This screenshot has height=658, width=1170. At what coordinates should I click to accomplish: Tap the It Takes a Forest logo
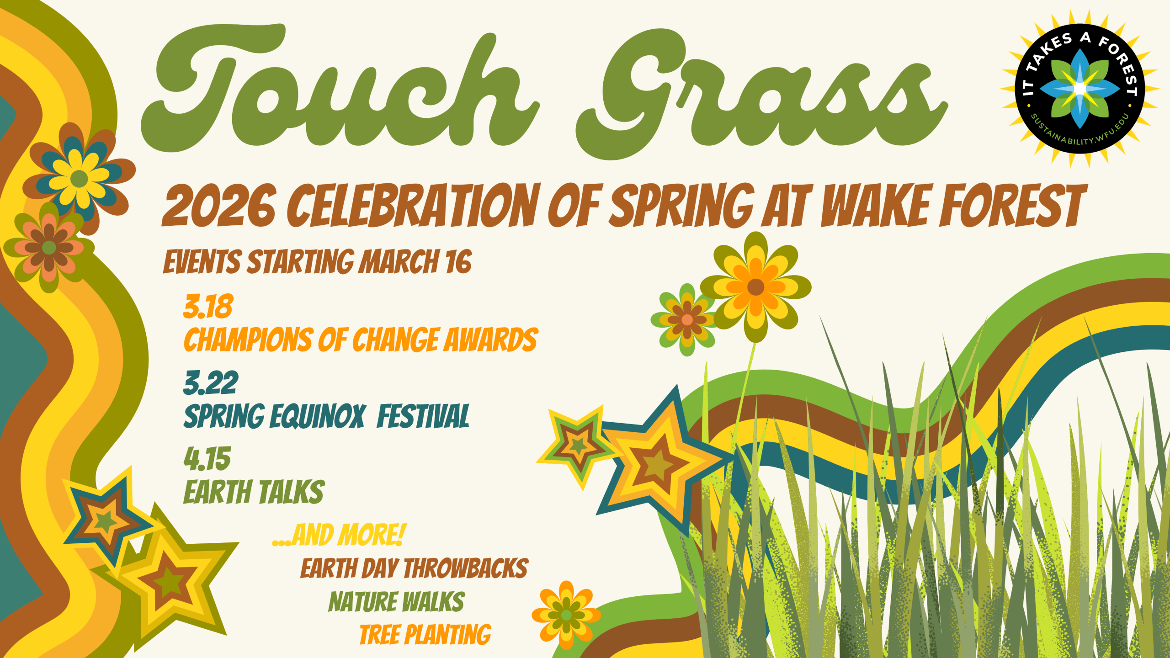point(1080,89)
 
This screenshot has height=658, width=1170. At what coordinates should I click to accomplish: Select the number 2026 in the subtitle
point(219,205)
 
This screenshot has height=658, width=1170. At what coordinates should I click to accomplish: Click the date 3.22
point(211,383)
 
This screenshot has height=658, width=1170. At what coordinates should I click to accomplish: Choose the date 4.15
point(207,459)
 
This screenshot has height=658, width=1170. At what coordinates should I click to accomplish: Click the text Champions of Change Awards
point(361,340)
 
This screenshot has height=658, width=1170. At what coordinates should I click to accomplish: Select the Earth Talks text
point(254,492)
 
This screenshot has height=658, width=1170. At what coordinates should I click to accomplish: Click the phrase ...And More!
point(339,535)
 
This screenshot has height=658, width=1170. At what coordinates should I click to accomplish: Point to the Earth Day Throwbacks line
point(414,568)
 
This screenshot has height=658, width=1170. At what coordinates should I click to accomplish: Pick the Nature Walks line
point(397,601)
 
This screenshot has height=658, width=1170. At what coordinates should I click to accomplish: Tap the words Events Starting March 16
point(317,262)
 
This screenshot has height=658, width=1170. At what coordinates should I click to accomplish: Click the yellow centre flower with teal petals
point(79,178)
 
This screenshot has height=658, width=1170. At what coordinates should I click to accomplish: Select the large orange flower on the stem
point(755,287)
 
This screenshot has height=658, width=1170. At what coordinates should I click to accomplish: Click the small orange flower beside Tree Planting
point(566,615)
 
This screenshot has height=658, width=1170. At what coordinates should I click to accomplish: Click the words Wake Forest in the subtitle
point(953,205)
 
